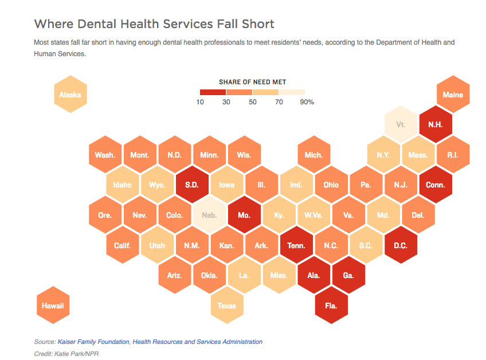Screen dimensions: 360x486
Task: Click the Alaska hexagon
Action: click(x=70, y=95)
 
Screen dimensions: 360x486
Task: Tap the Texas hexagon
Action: click(x=226, y=306)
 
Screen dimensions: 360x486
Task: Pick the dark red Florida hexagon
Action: click(x=331, y=306)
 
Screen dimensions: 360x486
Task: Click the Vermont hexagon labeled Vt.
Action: click(x=401, y=124)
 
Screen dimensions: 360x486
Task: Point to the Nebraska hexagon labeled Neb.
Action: click(x=209, y=215)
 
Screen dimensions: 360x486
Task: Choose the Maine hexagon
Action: click(x=453, y=95)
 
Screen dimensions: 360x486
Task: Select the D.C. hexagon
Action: click(x=401, y=245)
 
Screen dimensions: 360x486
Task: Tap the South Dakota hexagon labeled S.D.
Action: click(x=192, y=185)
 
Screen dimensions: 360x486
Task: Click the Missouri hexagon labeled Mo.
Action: click(x=244, y=215)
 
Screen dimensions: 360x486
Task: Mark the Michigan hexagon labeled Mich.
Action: click(x=313, y=155)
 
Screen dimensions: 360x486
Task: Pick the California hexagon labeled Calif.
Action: click(x=123, y=245)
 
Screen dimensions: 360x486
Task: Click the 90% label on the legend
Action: click(x=306, y=102)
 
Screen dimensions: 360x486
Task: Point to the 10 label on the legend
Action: click(x=200, y=102)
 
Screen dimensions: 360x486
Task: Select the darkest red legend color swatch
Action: click(x=213, y=92)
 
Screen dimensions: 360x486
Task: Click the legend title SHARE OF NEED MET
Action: click(x=252, y=82)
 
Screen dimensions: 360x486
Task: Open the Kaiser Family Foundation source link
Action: click(x=93, y=342)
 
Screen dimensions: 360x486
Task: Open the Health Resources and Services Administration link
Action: click(x=198, y=342)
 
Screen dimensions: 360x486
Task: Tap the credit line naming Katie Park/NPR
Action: click(x=66, y=354)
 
